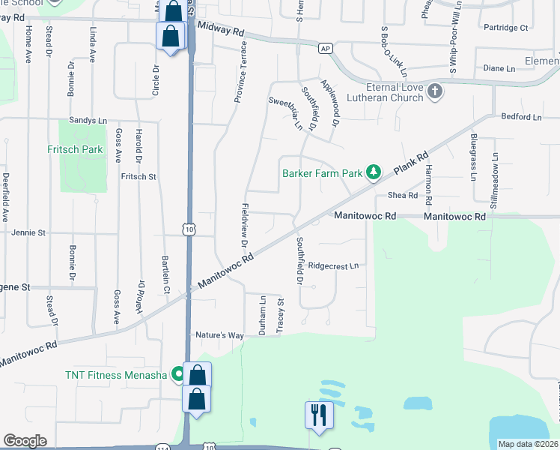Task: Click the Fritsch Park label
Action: click(x=75, y=149)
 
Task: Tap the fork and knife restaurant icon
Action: click(x=318, y=414)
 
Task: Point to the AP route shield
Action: click(x=324, y=48)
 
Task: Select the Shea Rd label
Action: click(x=402, y=195)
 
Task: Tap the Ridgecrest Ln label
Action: click(x=334, y=265)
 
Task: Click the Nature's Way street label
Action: click(x=219, y=334)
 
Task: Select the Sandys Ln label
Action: click(x=89, y=120)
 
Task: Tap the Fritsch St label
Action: click(x=138, y=177)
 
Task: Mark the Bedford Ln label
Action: click(x=521, y=117)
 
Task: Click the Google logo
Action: click(x=25, y=441)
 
